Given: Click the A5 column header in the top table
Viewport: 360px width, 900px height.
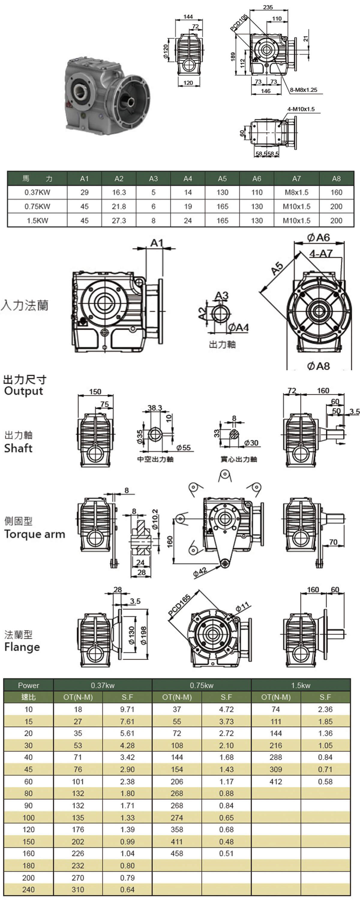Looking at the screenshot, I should click(222, 178).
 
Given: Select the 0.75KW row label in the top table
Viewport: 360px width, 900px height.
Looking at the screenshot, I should click(37, 206).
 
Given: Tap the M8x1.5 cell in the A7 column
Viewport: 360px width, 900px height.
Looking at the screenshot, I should click(296, 193).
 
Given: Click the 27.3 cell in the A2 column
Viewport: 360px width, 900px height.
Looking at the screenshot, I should click(119, 221).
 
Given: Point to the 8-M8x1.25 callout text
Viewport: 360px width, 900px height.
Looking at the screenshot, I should click(303, 90).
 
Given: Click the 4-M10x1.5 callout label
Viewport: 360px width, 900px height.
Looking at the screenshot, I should click(301, 109).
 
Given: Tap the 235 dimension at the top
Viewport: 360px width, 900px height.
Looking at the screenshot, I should click(268, 7).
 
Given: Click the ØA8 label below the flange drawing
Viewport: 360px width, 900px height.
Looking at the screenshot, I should click(318, 366).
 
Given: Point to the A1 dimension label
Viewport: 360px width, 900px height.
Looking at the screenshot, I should click(157, 242).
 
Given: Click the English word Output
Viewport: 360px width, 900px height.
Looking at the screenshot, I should click(23, 391).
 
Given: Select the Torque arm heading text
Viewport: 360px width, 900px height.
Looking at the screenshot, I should click(34, 534).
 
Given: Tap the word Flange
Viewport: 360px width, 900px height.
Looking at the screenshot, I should click(22, 647).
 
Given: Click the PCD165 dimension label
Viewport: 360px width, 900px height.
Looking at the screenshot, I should click(179, 604).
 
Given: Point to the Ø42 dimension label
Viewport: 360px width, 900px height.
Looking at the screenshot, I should click(200, 571).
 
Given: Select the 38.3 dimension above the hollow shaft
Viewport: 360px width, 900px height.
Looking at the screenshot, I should click(155, 408).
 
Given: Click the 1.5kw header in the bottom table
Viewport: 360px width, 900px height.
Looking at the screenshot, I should click(301, 685).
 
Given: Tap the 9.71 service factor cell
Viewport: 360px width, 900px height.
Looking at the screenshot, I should click(127, 709).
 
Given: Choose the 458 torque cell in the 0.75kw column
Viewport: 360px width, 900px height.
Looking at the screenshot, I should click(177, 853).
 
